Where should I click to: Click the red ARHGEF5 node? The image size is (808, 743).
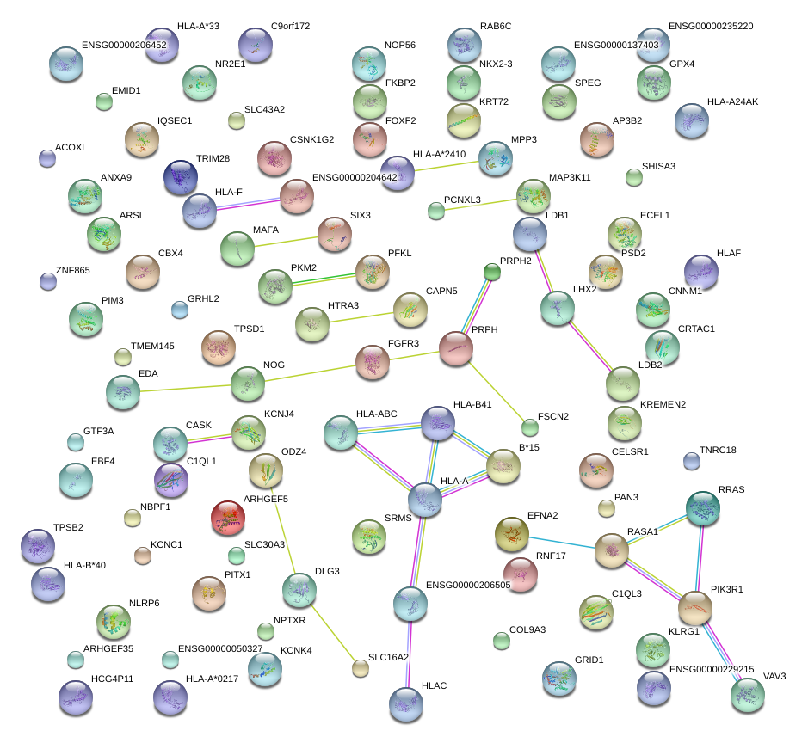click(x=228, y=517)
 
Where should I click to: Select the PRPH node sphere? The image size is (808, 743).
click(x=456, y=347)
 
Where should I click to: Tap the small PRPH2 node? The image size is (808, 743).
click(x=491, y=273)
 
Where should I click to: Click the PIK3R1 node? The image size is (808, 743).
click(x=694, y=607)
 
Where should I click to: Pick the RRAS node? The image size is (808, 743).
click(x=703, y=508)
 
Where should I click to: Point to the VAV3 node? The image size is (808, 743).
click(x=747, y=695)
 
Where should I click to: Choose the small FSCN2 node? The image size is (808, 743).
click(x=530, y=427)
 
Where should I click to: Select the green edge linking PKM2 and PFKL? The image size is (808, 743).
click(x=324, y=278)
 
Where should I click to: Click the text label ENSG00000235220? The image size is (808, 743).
click(x=711, y=27)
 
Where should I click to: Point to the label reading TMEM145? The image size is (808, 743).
click(x=152, y=347)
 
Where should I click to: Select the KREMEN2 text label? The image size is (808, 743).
click(x=663, y=404)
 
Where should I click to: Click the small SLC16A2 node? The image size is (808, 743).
click(x=361, y=668)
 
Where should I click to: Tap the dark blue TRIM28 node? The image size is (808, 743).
click(x=181, y=177)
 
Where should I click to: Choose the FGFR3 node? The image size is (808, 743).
click(x=373, y=362)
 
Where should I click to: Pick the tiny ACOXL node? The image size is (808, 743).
click(x=48, y=157)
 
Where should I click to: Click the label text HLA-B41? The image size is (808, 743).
click(x=472, y=404)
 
